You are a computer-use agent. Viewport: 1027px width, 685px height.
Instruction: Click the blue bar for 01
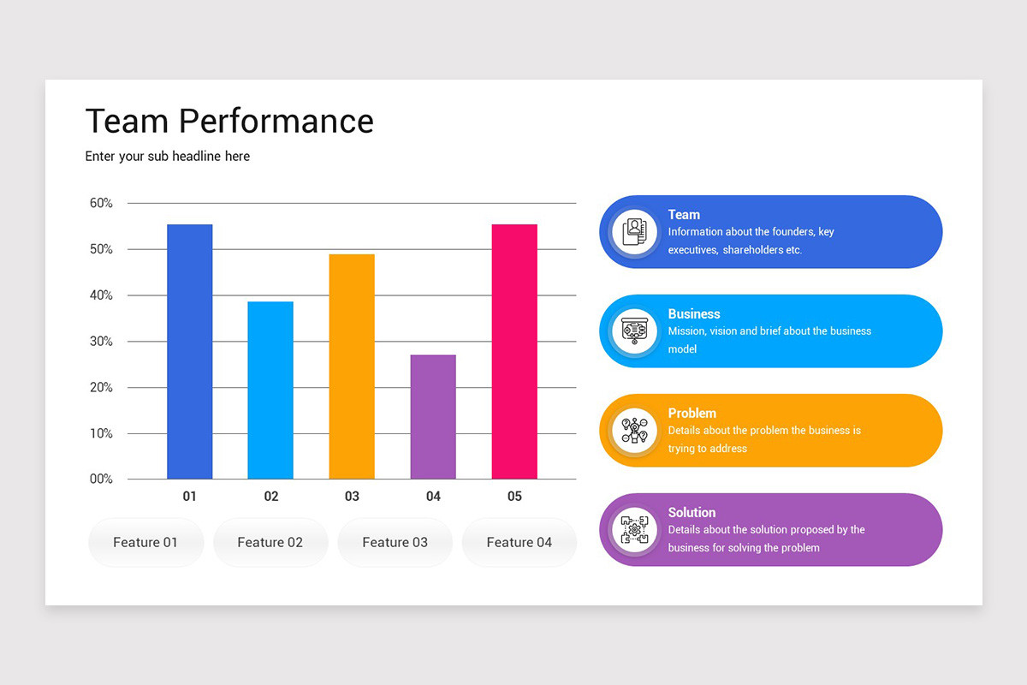tap(189, 352)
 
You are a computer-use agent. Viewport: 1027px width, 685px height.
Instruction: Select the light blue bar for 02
tap(270, 390)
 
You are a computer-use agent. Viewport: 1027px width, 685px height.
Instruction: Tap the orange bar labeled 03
tap(352, 366)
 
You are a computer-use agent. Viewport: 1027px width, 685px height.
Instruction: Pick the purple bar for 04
tap(433, 417)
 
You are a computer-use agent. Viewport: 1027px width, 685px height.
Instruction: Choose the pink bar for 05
tap(514, 352)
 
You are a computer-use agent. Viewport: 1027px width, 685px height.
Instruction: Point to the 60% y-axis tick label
tap(101, 203)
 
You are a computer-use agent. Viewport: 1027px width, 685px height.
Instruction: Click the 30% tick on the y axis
tap(101, 342)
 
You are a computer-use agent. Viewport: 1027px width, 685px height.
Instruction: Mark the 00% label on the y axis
tap(101, 479)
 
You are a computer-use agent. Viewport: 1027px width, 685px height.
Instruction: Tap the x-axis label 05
tap(514, 497)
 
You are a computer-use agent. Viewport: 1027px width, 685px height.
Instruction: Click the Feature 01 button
tap(145, 542)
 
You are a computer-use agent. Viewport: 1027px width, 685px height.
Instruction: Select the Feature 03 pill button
tap(395, 542)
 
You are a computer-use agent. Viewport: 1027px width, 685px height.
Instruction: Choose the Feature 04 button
tap(519, 542)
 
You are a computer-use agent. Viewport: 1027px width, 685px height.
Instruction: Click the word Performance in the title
tap(276, 122)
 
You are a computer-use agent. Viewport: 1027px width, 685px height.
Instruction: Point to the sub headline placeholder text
tap(168, 157)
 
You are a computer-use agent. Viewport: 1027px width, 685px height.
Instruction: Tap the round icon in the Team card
tap(634, 232)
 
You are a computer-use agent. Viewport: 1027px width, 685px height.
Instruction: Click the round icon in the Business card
tap(634, 331)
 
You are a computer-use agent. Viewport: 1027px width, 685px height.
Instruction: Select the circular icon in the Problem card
tap(634, 431)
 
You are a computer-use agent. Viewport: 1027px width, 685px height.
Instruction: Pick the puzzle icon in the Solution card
tap(634, 530)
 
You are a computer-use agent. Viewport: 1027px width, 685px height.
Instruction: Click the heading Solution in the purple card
tap(692, 513)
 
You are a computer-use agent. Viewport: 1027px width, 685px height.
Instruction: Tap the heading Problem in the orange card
tap(692, 414)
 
